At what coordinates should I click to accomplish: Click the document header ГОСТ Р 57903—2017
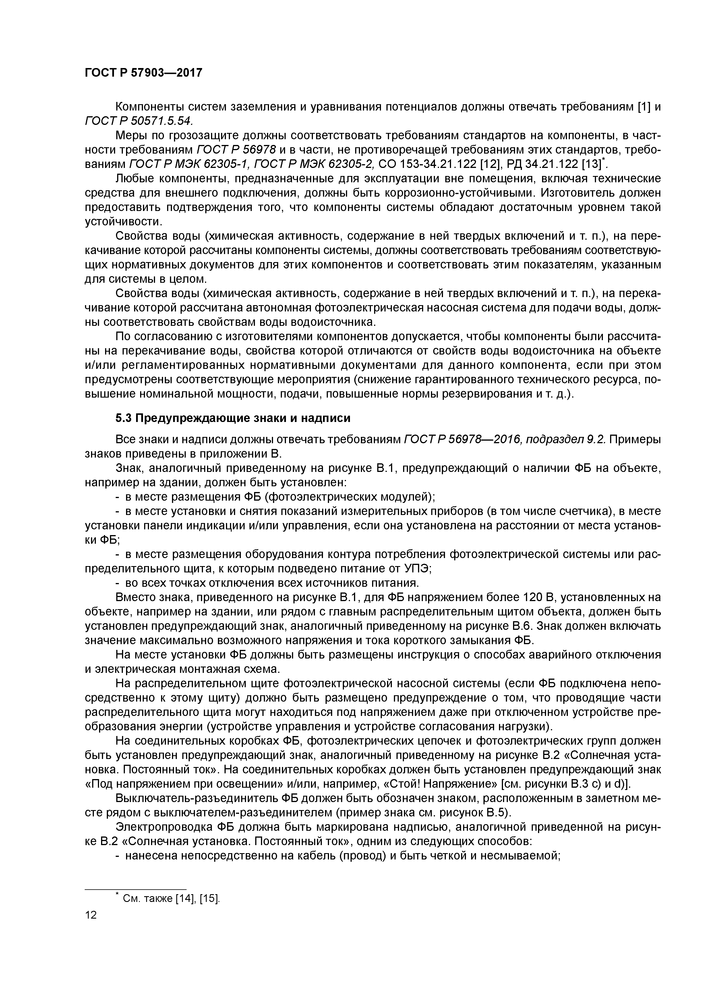click(x=144, y=72)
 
